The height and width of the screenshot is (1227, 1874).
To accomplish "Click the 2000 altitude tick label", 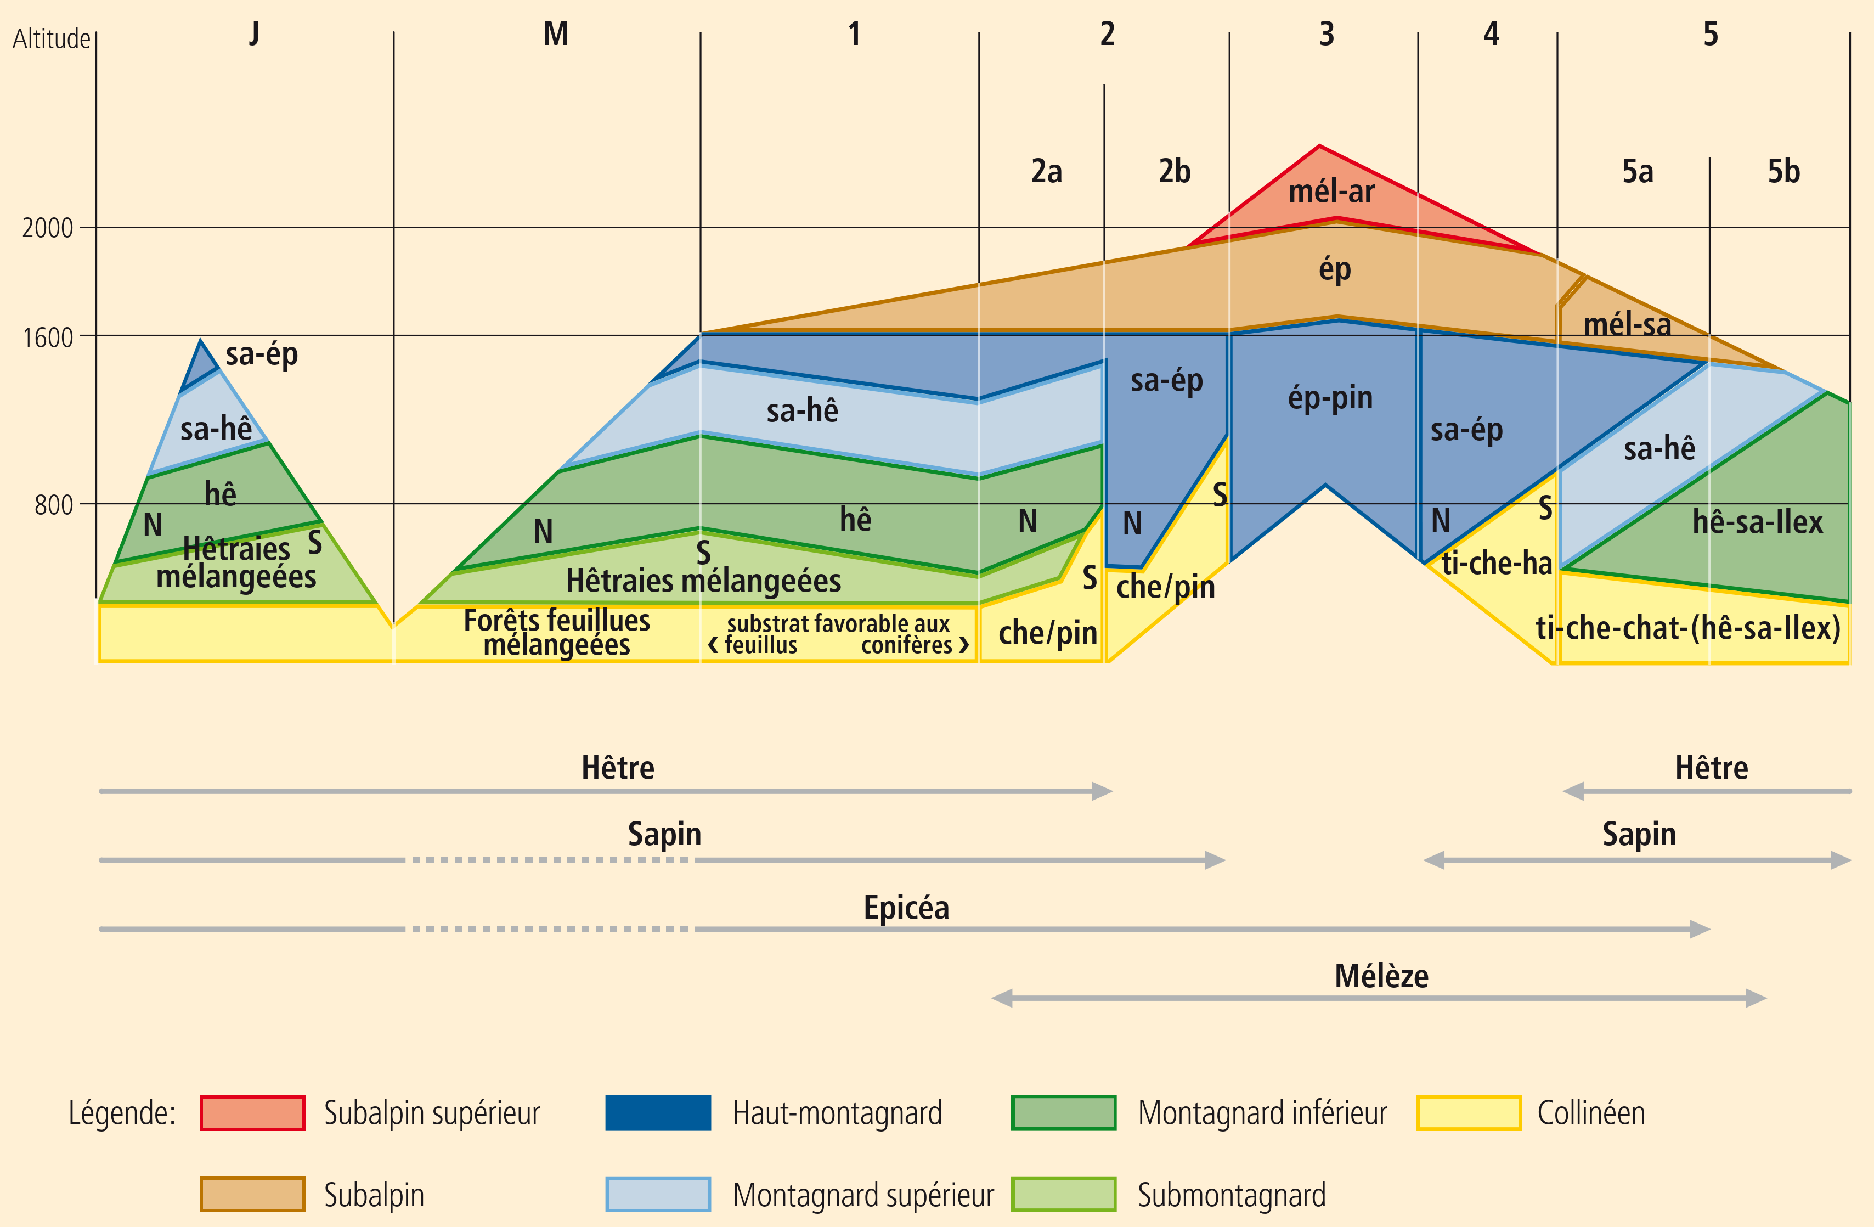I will (x=47, y=228).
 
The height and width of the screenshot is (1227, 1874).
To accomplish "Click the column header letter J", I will (x=253, y=34).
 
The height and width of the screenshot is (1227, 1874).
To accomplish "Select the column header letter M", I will (x=556, y=34).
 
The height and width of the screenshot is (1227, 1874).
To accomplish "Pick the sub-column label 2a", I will (x=1047, y=171).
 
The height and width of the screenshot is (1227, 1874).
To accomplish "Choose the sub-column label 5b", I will (x=1783, y=171).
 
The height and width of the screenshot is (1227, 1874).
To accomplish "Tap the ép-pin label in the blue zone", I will (x=1330, y=398).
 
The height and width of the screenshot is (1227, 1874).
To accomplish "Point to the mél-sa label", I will (x=1627, y=324).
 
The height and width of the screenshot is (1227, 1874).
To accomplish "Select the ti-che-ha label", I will (x=1496, y=563).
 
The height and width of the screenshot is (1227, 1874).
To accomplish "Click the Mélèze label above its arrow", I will (x=1381, y=976).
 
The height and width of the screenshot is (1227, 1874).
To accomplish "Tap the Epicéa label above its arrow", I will (x=906, y=907).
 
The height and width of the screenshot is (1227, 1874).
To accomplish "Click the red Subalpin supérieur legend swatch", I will (x=253, y=1112).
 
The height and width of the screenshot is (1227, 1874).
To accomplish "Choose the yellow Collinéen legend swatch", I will (x=1469, y=1112).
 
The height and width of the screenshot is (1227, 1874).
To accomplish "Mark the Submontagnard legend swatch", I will (x=1063, y=1194).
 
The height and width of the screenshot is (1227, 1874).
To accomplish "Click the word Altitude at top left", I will (x=51, y=38).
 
